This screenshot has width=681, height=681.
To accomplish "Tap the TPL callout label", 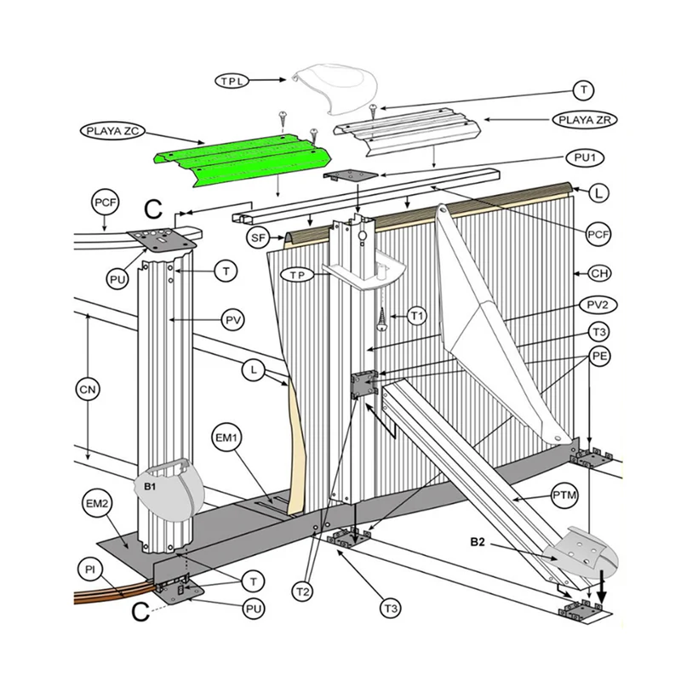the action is tap(232, 81).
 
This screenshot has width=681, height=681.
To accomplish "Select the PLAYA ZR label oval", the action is tap(586, 119).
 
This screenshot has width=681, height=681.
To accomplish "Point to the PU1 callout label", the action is tap(586, 157).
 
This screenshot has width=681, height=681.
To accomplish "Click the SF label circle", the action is tap(258, 237).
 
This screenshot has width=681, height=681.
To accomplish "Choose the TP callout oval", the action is tap(297, 274).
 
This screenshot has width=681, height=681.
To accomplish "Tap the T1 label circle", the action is tap(416, 316).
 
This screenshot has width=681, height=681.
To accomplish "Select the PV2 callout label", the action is tap(598, 306).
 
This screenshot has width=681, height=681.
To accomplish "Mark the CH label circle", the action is tap(600, 273).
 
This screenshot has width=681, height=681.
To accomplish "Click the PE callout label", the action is tap(599, 356).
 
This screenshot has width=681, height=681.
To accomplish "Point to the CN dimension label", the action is tap(88, 389).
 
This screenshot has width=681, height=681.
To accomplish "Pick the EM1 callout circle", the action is tap(226, 438).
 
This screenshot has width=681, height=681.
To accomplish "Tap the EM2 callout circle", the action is tap(97, 503).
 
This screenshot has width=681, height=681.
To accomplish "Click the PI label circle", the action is tap(90, 569).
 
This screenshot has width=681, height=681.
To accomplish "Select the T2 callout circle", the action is tap(303, 591).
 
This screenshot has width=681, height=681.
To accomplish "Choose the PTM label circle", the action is tap(564, 495).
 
